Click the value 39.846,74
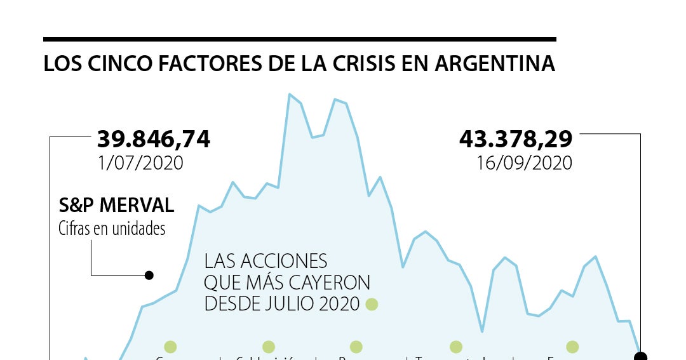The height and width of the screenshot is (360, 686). (153, 139)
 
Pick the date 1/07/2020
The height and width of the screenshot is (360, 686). (140, 163)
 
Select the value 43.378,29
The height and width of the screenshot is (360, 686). (516, 139)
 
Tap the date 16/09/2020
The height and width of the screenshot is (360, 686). (524, 163)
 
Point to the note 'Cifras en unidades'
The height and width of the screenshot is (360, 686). (112, 228)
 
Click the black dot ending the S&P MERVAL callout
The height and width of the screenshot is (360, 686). (149, 276)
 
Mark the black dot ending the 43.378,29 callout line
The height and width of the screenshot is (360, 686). (640, 356)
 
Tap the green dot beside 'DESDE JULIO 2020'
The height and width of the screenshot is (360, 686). (372, 304)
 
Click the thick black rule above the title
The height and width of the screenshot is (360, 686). (299, 39)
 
